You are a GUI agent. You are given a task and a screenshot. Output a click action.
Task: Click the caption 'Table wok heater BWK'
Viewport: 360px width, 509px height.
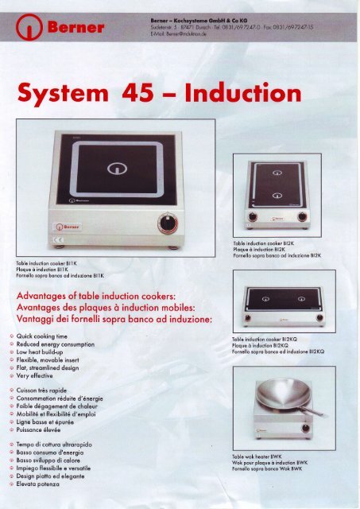click(257, 457)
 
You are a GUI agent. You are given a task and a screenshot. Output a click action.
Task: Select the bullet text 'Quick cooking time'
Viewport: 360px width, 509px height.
click(58, 336)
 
